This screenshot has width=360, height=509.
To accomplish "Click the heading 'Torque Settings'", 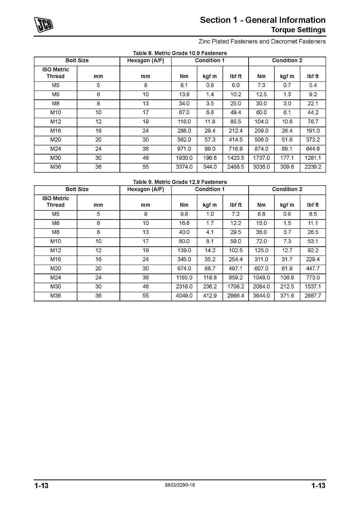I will [x=298, y=30].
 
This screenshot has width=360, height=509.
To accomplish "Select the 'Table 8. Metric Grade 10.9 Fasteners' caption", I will [x=180, y=53].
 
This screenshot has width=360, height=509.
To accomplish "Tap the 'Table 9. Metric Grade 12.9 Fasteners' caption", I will [x=180, y=182].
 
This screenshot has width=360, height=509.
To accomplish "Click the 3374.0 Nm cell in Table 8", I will [x=184, y=167].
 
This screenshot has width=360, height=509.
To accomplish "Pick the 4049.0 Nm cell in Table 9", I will [x=184, y=296].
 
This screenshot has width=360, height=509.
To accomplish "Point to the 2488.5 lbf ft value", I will [x=236, y=167].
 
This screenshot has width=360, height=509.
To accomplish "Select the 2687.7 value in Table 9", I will [x=313, y=296].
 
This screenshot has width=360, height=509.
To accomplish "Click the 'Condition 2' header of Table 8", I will [x=287, y=61].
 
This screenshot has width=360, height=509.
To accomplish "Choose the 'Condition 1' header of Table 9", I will [x=210, y=189].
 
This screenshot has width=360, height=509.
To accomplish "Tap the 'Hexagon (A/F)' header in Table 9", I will [x=145, y=189].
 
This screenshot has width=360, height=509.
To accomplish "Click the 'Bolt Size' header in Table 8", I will [x=77, y=61].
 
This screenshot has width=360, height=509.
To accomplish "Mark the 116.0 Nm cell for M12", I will [x=184, y=121].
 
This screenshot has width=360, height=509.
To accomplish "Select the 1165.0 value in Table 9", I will [x=184, y=278].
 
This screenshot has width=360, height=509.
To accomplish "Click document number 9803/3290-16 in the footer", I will [x=179, y=485].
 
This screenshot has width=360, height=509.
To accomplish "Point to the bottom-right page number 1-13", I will [x=318, y=486].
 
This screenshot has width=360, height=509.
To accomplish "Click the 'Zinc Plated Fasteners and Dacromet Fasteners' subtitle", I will [x=262, y=42].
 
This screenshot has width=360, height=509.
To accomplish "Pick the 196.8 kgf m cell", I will [x=210, y=158].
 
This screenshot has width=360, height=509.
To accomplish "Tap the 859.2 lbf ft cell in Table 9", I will [x=236, y=278].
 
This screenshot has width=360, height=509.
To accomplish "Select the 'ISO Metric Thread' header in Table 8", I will [x=56, y=73].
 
